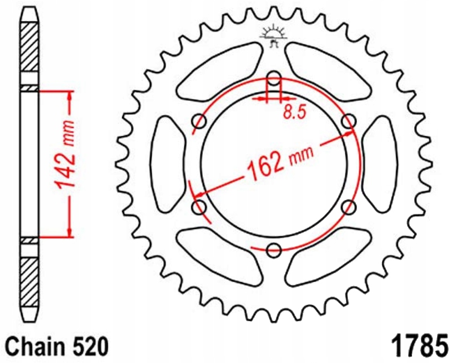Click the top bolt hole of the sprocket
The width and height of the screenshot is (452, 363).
[274, 78]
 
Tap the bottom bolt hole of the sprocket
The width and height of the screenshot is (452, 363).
[274, 250]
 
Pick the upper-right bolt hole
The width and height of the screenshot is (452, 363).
[349, 121]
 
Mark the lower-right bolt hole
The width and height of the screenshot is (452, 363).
[349, 207]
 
